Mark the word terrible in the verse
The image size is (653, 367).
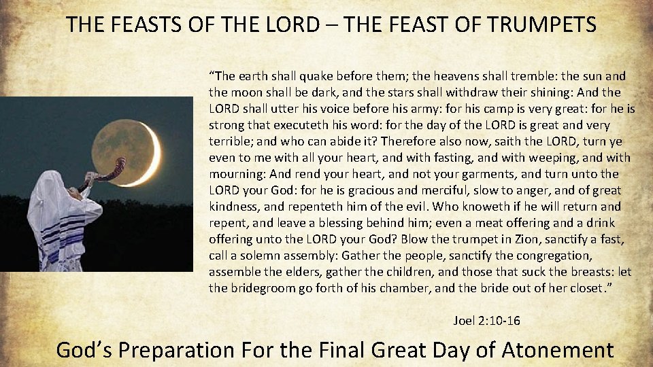(x=230, y=141)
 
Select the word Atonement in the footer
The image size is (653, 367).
(x=557, y=350)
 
